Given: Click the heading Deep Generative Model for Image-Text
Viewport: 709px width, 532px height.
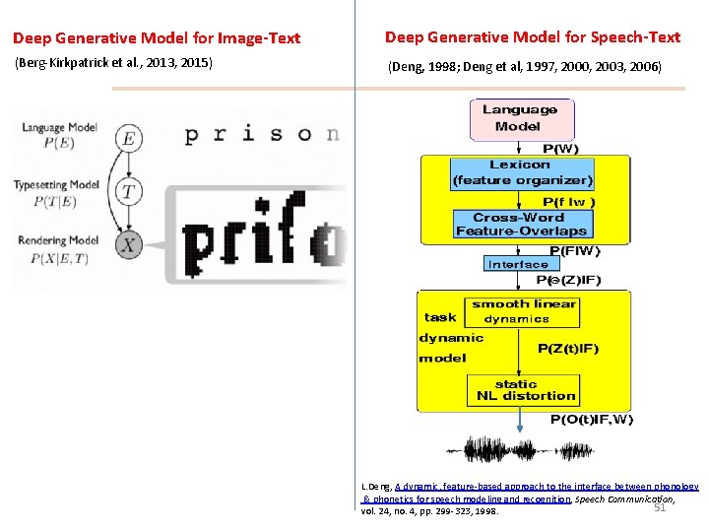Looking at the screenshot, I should [x=157, y=38].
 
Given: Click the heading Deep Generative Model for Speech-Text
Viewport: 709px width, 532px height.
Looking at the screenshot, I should [x=532, y=37].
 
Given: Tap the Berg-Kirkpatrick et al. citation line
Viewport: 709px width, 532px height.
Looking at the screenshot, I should [x=112, y=64].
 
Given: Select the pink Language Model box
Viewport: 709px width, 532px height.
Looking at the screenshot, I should [x=520, y=118].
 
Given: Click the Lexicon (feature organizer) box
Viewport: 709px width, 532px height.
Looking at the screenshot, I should [x=522, y=172].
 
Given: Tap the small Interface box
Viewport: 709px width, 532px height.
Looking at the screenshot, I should [x=517, y=264].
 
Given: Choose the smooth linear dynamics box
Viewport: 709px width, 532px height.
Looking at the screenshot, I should [x=523, y=311].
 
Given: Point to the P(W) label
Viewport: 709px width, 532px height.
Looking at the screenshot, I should [x=561, y=149].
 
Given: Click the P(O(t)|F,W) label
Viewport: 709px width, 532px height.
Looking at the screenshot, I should [x=591, y=420].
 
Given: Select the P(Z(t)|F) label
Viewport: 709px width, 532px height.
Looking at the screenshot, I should [x=567, y=348].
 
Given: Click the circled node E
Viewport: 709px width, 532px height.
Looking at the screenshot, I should [x=128, y=139].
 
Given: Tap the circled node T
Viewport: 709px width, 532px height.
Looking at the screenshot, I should [x=128, y=192].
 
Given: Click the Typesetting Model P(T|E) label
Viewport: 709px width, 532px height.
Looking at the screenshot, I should [x=56, y=192].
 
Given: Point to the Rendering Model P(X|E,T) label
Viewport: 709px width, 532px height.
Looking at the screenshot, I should [x=57, y=247].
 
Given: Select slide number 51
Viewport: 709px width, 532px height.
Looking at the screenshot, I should [x=660, y=507].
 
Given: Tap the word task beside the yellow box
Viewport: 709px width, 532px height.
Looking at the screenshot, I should [x=440, y=316].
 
